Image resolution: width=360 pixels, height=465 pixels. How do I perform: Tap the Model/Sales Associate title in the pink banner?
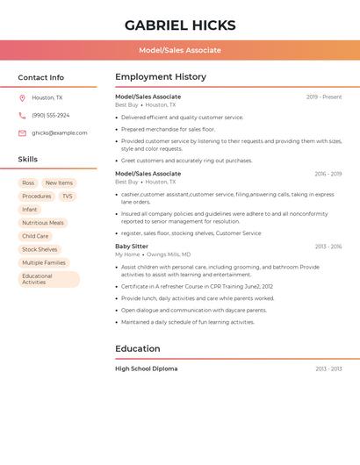180,50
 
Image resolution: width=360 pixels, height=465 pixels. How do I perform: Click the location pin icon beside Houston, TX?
22,97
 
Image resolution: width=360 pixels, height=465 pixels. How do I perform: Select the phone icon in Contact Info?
22,115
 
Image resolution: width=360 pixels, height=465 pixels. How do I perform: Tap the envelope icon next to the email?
22,133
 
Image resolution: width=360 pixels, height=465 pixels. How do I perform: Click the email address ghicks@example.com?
59,133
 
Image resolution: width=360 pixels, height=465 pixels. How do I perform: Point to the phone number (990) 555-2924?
50,115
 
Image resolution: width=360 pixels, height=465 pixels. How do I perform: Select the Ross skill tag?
29,182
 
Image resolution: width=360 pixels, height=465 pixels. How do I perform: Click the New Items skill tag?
59,182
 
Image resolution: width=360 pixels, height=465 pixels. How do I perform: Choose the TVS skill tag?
67,196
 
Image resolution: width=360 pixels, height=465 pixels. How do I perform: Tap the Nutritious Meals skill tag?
43,223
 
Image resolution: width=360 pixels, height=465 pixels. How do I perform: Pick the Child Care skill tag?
35,236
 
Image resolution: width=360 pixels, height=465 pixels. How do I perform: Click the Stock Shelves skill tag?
40,249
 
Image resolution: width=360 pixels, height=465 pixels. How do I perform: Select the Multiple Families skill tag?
44,262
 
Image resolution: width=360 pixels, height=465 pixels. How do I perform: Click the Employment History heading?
161,77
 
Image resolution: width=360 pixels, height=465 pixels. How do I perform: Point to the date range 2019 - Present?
324,97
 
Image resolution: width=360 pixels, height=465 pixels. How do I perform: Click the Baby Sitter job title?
132,247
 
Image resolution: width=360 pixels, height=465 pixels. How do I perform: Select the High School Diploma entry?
146,368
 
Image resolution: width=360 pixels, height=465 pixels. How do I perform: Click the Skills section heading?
28,160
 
